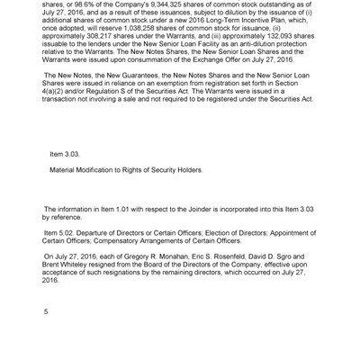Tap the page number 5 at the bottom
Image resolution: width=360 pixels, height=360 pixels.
(x=46, y=311)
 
